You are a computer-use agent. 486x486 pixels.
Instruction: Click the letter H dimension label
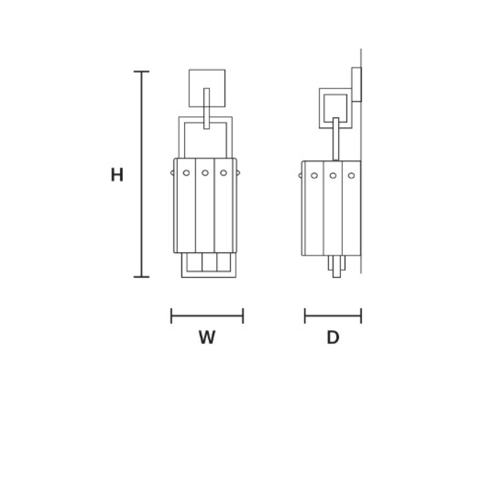pyautogui.click(x=117, y=174)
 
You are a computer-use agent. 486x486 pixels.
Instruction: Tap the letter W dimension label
pyautogui.click(x=207, y=337)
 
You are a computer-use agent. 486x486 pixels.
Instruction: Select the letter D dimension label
pyautogui.click(x=333, y=337)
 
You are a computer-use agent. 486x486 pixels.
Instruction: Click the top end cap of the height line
pyautogui.click(x=141, y=72)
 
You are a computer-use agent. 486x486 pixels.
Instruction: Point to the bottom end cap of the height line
pyautogui.click(x=141, y=277)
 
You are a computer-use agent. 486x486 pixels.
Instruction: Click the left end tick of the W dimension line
pyautogui.click(x=171, y=316)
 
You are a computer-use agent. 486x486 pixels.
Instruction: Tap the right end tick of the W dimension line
pyautogui.click(x=243, y=316)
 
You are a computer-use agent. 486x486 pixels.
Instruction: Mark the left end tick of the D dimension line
pyautogui.click(x=305, y=316)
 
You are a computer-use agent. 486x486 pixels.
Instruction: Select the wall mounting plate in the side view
pyautogui.click(x=357, y=85)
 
